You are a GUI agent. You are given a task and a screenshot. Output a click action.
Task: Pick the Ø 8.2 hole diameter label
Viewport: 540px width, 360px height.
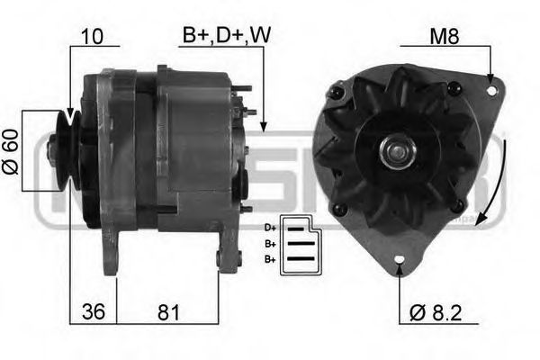(x=438, y=313)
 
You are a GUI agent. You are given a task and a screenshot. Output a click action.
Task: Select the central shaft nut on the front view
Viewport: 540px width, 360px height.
(x=397, y=148)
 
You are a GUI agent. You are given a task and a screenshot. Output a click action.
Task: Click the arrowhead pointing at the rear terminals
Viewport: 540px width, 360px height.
(x=263, y=126)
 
